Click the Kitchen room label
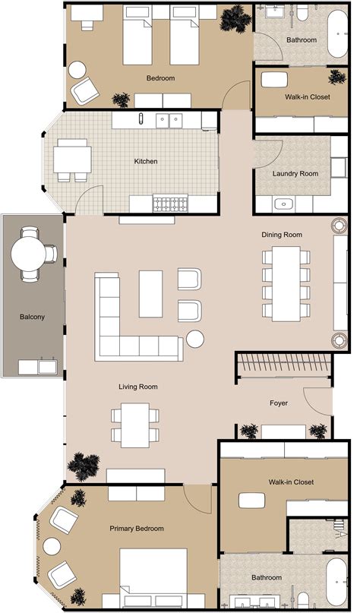point(146,161)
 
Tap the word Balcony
point(32,317)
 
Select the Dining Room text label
point(282,235)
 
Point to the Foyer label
point(279,403)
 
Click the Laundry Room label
point(295,173)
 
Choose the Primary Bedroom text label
point(137,528)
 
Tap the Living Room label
point(138,387)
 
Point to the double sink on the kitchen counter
point(169,119)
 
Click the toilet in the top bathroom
point(302,13)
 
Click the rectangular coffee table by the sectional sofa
point(150,292)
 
